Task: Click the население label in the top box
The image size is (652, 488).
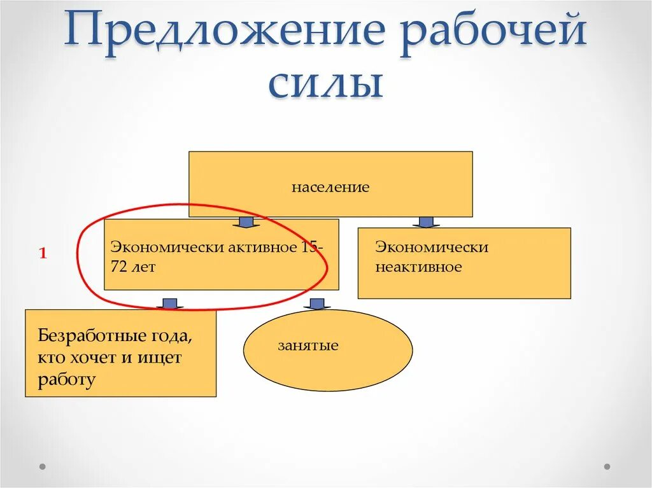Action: click(x=330, y=188)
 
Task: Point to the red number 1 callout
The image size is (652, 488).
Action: click(x=43, y=254)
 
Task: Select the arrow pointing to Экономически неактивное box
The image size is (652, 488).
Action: click(x=426, y=222)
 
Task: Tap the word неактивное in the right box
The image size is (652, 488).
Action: click(x=418, y=267)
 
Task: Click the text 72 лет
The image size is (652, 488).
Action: click(x=133, y=267)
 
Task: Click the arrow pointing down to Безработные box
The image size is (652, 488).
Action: click(x=169, y=303)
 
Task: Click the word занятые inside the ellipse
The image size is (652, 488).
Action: click(x=308, y=346)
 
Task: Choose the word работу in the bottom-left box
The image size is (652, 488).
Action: click(x=67, y=380)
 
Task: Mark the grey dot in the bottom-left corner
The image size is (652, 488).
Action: click(x=43, y=466)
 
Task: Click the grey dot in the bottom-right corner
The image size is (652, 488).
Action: click(x=607, y=466)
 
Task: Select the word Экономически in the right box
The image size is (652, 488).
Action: click(x=432, y=247)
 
